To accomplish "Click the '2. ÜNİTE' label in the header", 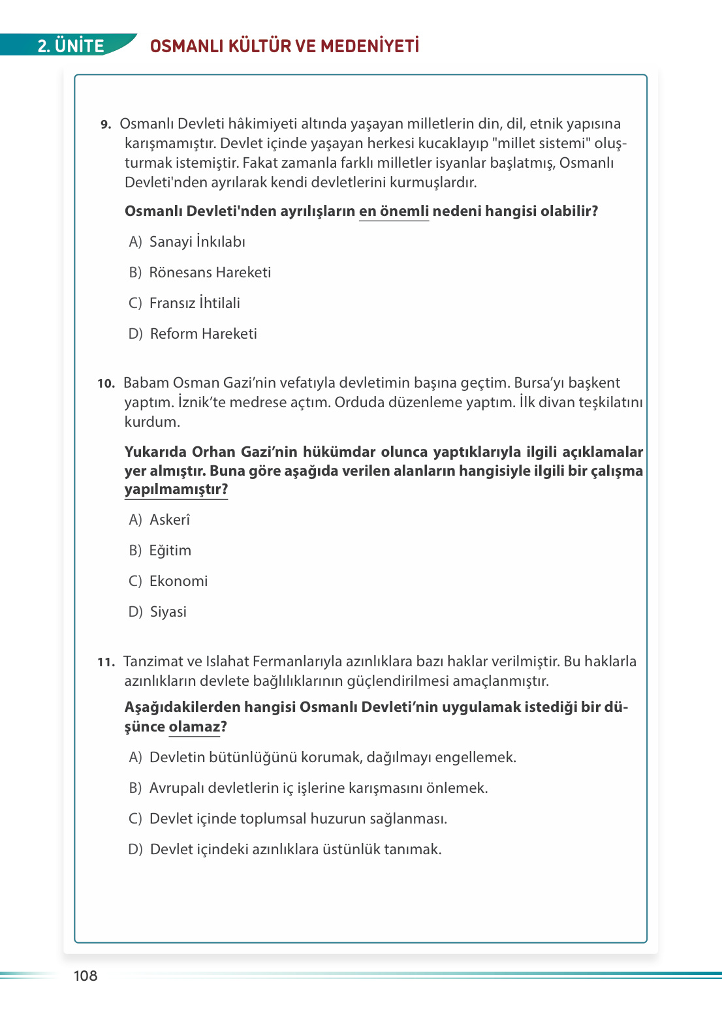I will (x=71, y=46).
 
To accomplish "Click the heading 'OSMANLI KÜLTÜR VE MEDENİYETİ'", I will (x=285, y=46).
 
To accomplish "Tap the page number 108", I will (x=86, y=976).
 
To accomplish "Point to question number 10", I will (x=106, y=384).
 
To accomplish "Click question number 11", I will (x=106, y=662).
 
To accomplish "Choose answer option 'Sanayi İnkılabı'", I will (x=196, y=241).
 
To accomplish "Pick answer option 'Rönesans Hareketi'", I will (x=210, y=272).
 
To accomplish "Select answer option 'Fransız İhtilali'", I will (x=194, y=303).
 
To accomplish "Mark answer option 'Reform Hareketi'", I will (x=203, y=333).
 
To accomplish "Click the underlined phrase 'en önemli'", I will (x=394, y=211).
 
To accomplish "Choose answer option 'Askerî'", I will (x=170, y=519).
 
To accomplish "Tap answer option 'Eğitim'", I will (x=170, y=550).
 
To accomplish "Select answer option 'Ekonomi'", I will (x=178, y=581).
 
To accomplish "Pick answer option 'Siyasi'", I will (x=168, y=611).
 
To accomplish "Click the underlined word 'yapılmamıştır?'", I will (x=176, y=489).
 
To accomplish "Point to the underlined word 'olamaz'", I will (x=195, y=727).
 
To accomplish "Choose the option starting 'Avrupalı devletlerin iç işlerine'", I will (x=318, y=788).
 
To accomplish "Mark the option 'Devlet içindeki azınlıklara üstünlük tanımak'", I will (x=295, y=849).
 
